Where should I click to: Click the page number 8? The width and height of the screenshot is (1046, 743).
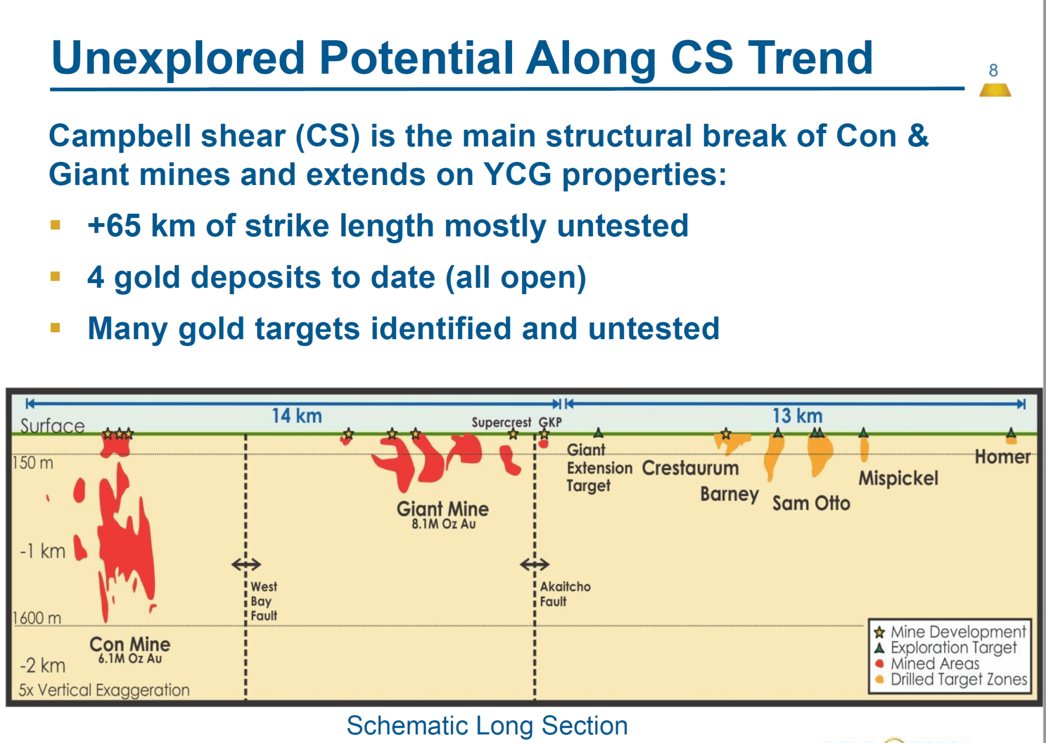[x=993, y=70]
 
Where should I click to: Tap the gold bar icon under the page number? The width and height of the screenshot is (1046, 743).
[x=995, y=90]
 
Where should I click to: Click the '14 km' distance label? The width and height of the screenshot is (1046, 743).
[x=297, y=416]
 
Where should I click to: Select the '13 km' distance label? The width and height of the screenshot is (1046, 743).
[x=798, y=416]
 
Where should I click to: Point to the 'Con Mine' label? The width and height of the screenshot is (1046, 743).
[x=130, y=644]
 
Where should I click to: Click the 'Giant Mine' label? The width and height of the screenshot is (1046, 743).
[x=442, y=508]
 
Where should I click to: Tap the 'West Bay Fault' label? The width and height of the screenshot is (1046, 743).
[x=264, y=601]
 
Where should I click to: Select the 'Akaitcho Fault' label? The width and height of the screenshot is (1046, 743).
[x=565, y=594]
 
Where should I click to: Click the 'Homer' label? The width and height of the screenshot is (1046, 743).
[x=1003, y=457]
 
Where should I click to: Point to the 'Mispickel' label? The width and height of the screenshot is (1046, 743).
[x=899, y=478]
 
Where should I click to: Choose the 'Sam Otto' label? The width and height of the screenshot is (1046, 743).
[x=811, y=503]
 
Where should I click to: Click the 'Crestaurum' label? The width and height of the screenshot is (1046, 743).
[x=690, y=468]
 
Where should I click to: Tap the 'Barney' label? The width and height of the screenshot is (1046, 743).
[x=730, y=494]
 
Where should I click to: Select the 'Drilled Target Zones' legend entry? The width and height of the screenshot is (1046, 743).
[x=951, y=679]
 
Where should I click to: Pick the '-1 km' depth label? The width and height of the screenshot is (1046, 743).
[x=42, y=551]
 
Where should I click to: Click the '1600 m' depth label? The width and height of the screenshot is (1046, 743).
[x=37, y=618]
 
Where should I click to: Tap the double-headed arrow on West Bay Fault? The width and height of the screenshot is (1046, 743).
[x=246, y=564]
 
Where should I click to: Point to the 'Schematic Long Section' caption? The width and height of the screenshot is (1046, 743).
[x=487, y=725]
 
